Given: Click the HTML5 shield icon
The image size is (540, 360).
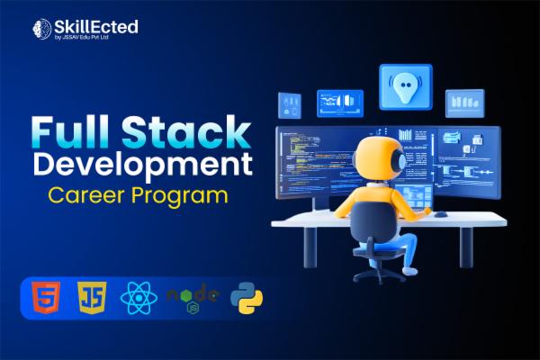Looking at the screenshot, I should [x=44, y=297].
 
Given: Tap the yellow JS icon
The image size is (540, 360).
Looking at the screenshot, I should [x=89, y=297].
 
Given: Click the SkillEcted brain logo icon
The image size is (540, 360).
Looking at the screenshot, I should [x=40, y=29].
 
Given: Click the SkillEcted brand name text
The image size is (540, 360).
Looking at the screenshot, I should [x=97, y=26].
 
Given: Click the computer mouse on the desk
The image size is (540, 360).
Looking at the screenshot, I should [x=440, y=213].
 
